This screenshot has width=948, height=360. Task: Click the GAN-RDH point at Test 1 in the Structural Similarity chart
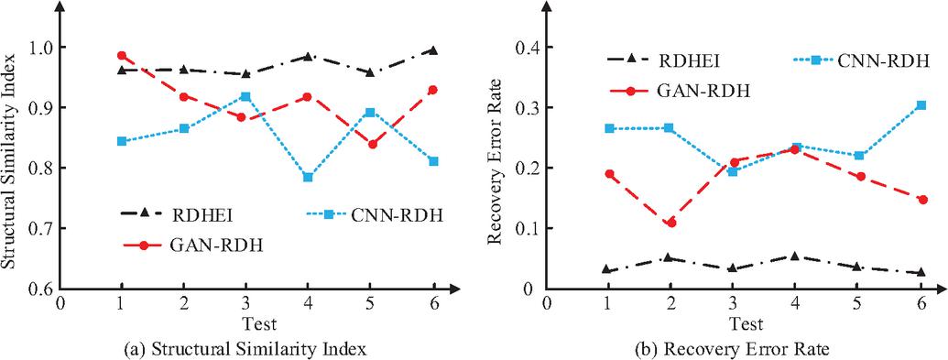(122, 56)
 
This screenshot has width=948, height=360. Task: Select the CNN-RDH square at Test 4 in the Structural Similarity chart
(308, 178)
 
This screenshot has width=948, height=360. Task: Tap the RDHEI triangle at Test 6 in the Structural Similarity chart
(433, 50)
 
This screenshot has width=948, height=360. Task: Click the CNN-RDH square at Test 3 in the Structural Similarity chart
(245, 96)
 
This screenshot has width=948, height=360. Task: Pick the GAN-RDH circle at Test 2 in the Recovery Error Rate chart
(670, 223)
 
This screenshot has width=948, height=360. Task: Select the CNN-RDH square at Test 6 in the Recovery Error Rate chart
(921, 105)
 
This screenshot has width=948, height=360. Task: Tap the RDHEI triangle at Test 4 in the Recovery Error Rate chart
(796, 256)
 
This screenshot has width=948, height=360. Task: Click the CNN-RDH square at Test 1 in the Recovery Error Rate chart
(609, 128)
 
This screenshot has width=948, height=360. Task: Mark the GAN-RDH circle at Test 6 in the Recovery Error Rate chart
(922, 200)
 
